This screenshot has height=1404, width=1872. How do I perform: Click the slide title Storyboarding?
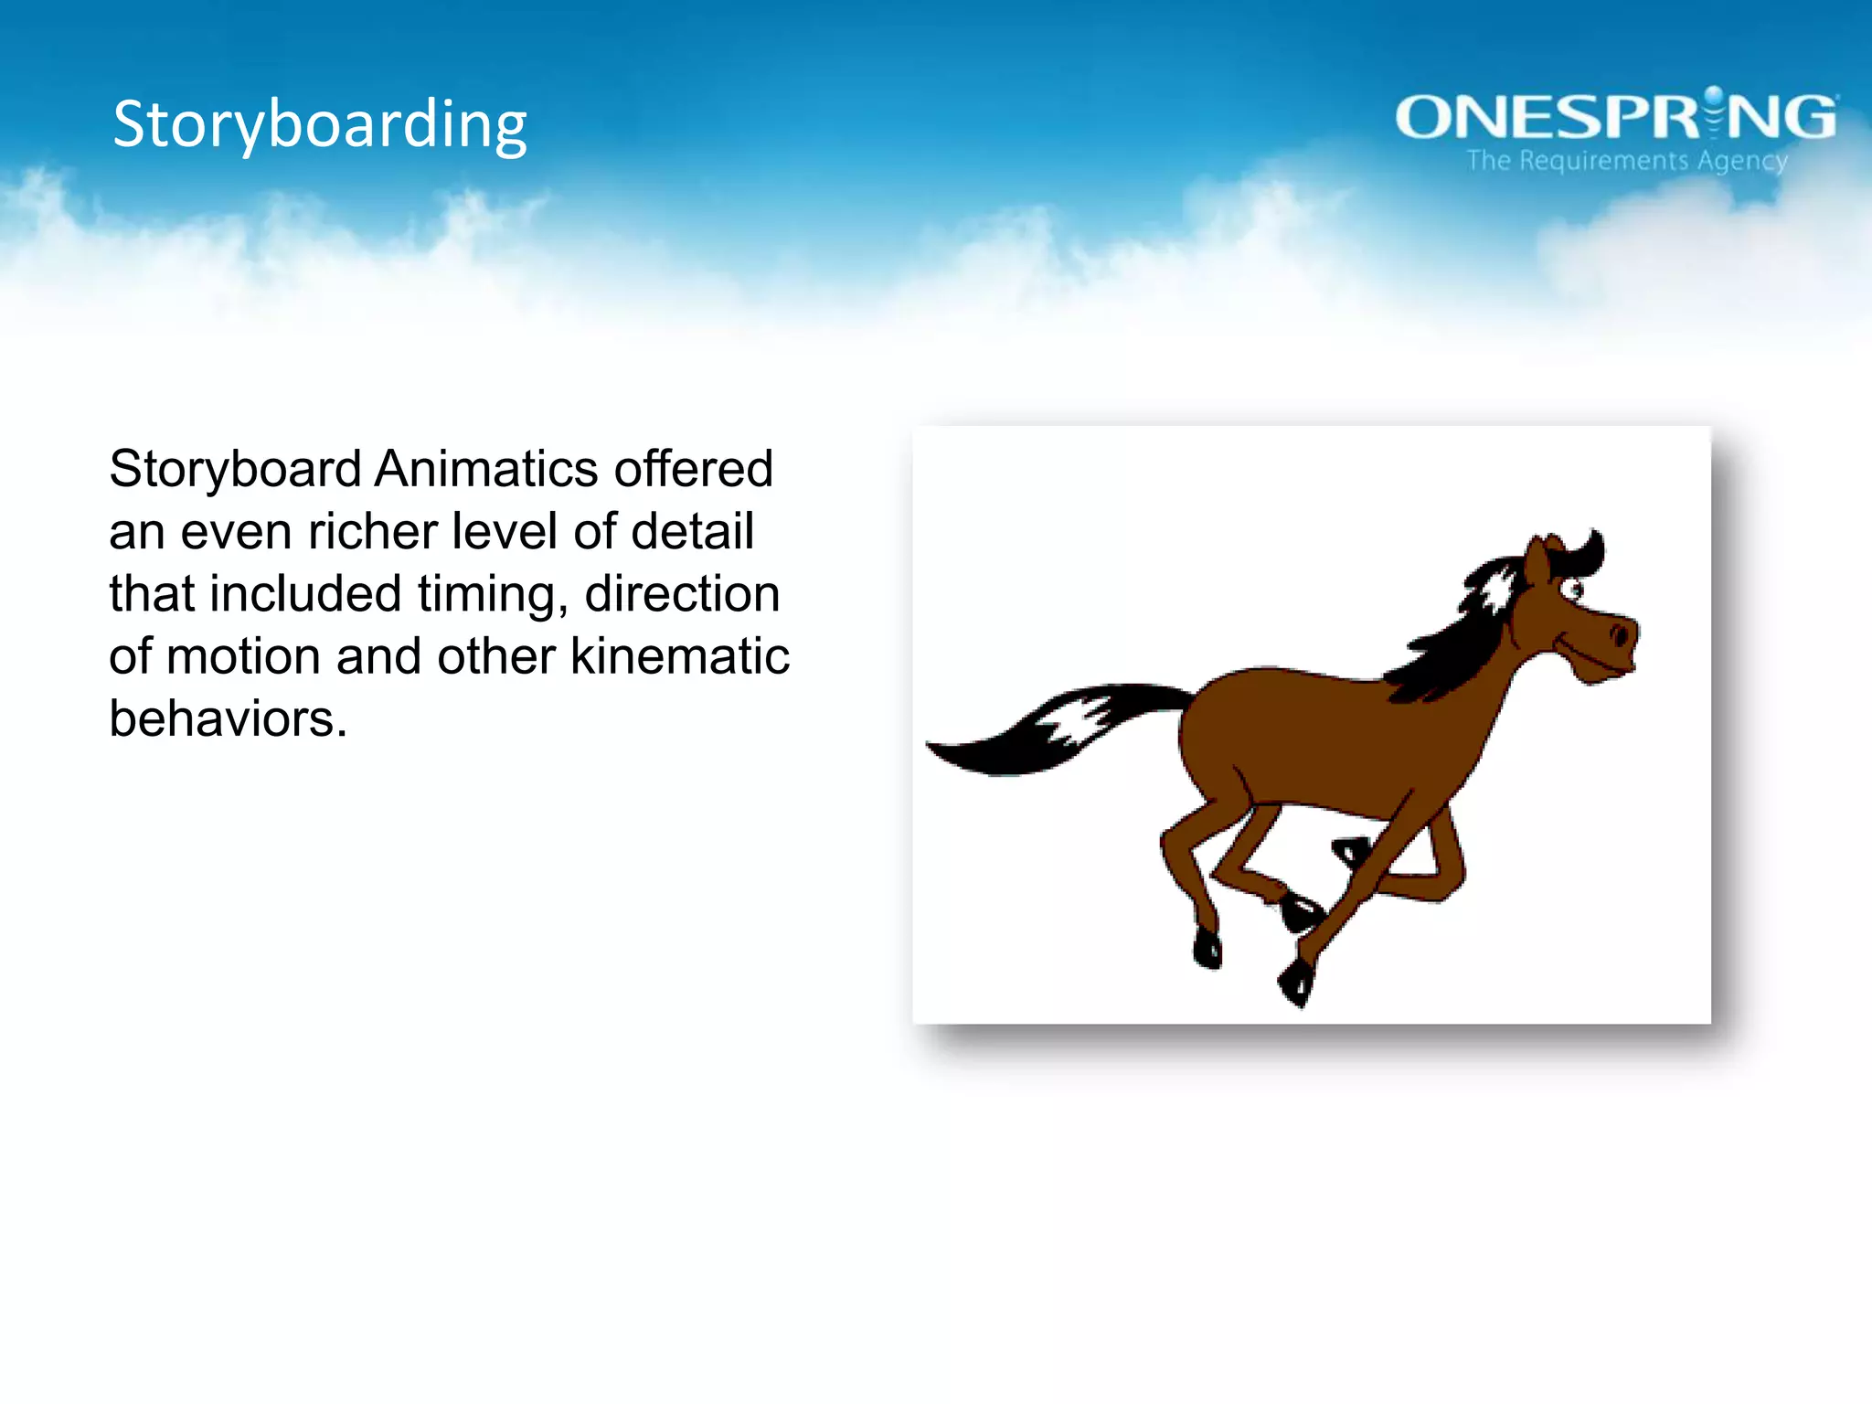click(x=320, y=124)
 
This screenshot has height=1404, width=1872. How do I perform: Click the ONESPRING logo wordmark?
click(x=1615, y=118)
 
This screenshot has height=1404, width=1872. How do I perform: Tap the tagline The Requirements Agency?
click(x=1627, y=161)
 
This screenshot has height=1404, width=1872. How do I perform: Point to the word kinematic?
click(x=680, y=656)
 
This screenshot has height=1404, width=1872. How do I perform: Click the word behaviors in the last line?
click(x=228, y=719)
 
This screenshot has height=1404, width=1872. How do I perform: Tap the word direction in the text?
click(x=682, y=594)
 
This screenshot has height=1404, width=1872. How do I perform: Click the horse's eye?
click(x=1573, y=589)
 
